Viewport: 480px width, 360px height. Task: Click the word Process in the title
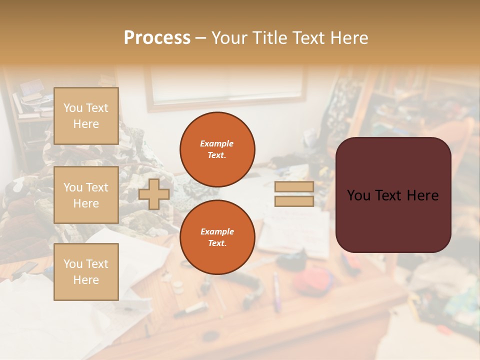click(157, 38)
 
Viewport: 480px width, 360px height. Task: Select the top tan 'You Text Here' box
click(86, 116)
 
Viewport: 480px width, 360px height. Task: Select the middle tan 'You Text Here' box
click(86, 195)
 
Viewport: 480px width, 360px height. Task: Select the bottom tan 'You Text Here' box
click(86, 272)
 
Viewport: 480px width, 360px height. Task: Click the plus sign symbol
click(154, 194)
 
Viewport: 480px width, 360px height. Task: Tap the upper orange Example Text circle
click(217, 149)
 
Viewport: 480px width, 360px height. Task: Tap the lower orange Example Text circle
click(217, 237)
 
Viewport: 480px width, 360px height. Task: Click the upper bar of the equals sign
click(294, 186)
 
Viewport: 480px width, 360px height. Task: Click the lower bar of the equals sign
click(294, 201)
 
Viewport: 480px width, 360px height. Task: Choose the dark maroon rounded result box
click(393, 220)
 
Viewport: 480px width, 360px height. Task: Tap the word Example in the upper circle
click(217, 143)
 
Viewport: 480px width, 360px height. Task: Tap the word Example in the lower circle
click(217, 231)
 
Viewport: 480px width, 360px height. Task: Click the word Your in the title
click(228, 38)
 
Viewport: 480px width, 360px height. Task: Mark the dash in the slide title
click(200, 38)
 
